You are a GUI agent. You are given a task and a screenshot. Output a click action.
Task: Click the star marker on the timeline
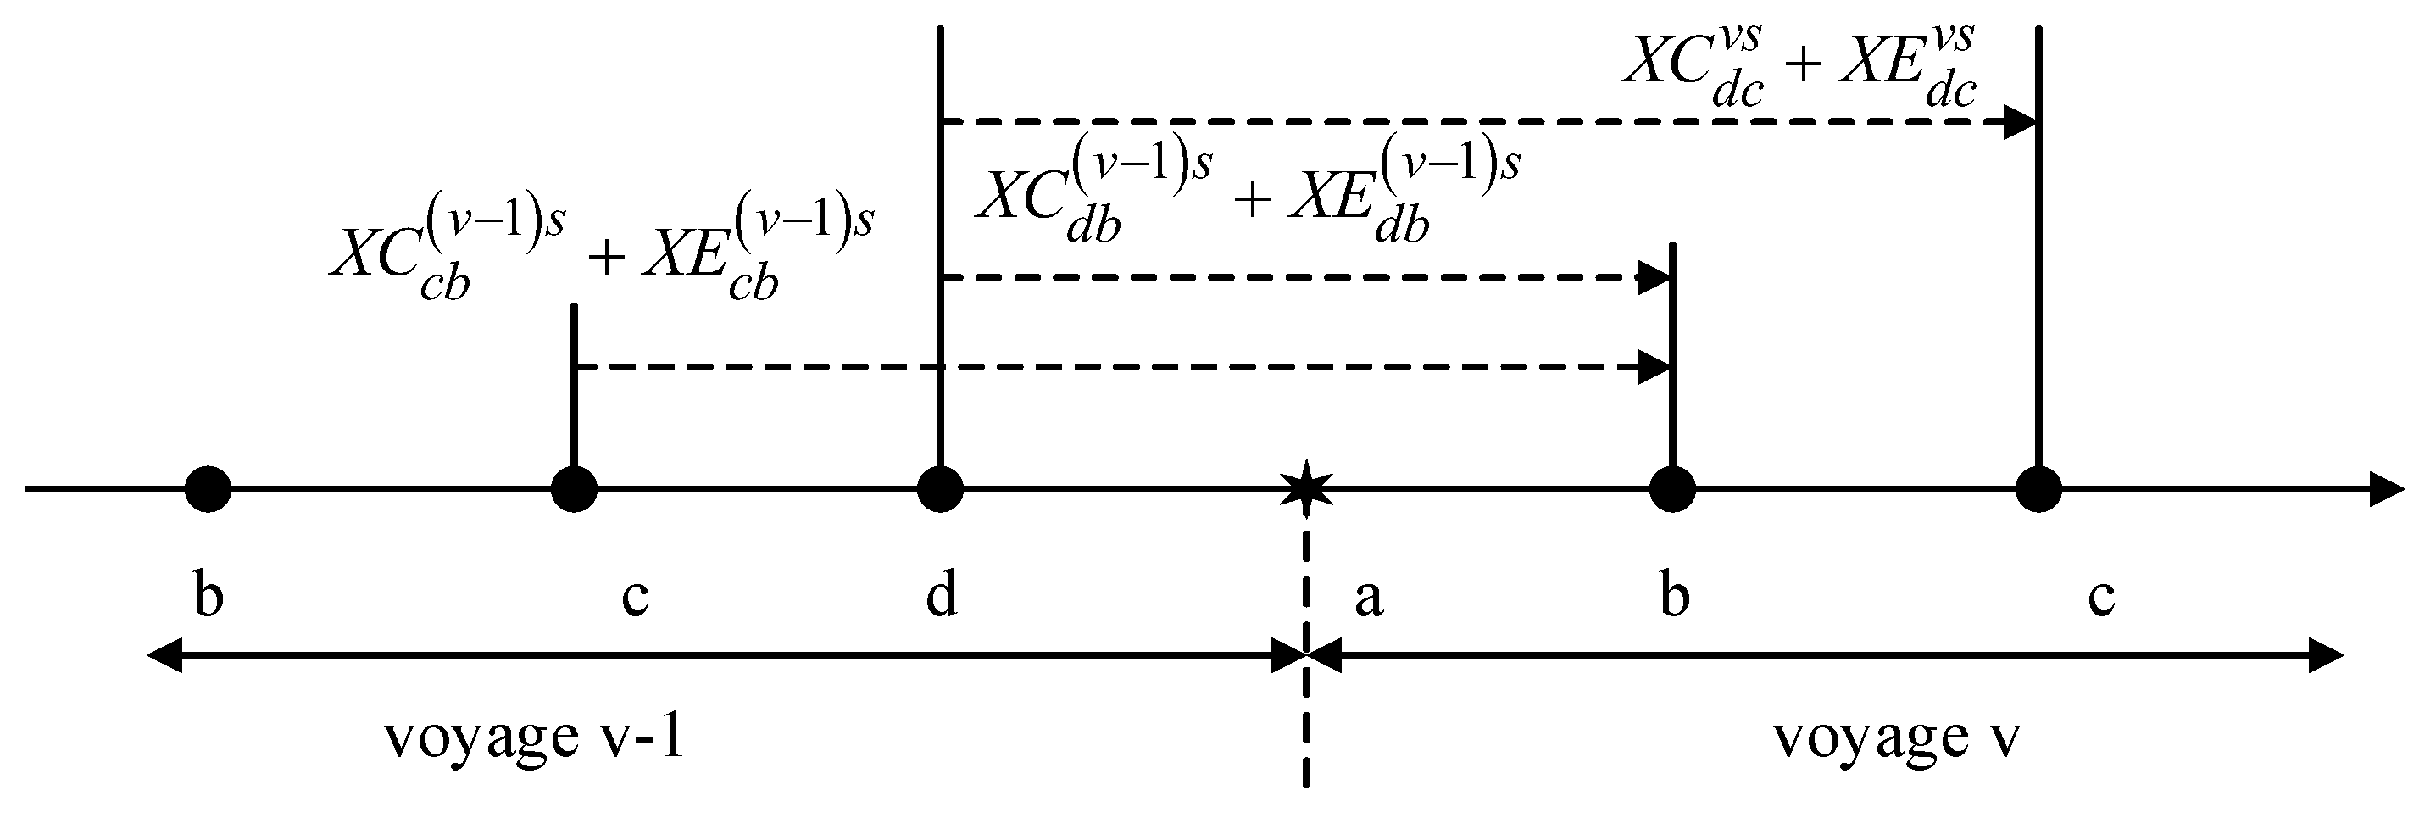tap(1306, 487)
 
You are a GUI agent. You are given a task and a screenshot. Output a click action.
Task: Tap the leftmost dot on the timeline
tap(208, 488)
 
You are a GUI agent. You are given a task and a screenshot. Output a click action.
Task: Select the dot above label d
tap(940, 488)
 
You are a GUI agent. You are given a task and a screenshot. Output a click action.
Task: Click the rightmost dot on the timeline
tap(2038, 488)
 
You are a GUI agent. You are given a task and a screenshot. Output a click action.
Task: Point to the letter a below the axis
tap(1368, 595)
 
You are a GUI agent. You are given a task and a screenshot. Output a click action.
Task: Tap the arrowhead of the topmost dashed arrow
tap(2019, 122)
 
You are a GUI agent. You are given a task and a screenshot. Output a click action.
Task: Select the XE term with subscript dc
tap(1906, 66)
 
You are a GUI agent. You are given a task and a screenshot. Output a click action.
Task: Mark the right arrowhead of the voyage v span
tap(2326, 654)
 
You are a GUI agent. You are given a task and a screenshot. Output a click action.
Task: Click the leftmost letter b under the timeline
tap(208, 595)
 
